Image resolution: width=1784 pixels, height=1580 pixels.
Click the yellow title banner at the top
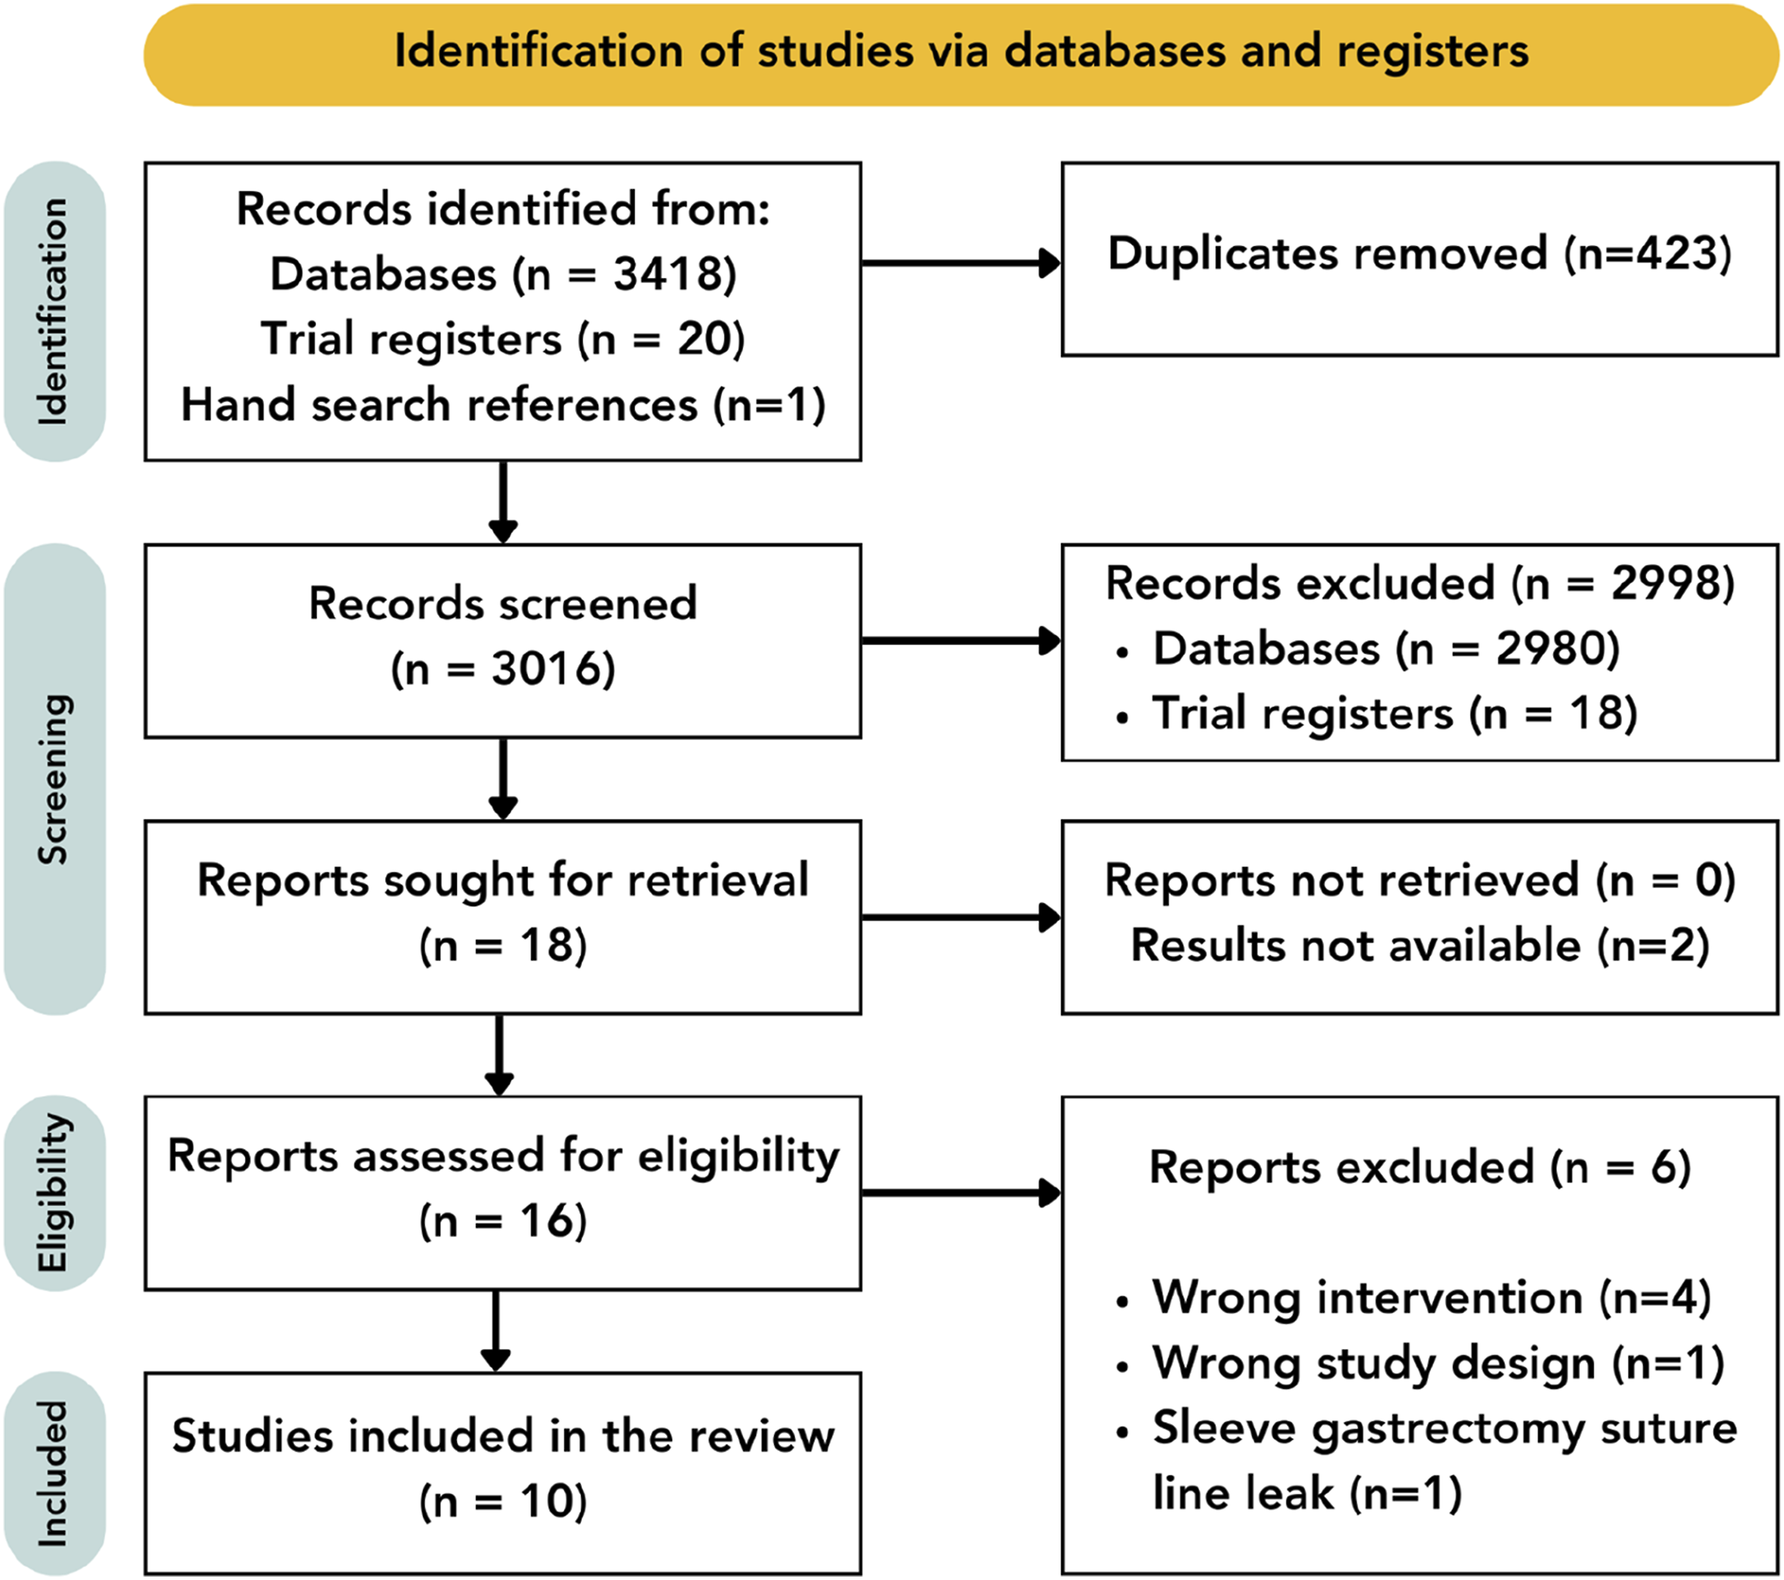pos(961,55)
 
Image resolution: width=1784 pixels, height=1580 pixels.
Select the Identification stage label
pos(54,311)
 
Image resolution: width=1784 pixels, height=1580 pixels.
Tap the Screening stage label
pos(54,779)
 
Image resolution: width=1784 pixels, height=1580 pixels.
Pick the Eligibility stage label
pos(54,1192)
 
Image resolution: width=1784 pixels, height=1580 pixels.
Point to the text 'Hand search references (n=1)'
pos(503,405)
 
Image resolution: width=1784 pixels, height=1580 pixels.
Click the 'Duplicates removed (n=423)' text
pos(1419,254)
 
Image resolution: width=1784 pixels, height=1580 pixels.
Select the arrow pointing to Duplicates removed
pos(961,263)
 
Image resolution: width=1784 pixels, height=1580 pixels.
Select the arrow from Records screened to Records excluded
pos(961,641)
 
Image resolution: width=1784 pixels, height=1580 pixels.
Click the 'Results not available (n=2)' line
pos(1419,945)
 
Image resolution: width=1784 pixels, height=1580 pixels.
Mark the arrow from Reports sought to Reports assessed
pos(499,1055)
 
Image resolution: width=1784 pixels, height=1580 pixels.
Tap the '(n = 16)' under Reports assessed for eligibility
pos(503,1221)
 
